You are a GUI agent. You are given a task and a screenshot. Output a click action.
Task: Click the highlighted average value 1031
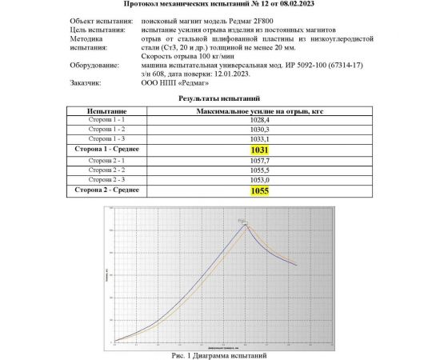(259, 150)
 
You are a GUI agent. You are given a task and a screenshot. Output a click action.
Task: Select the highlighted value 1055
(259, 191)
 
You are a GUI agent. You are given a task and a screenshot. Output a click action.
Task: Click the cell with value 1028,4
(259, 118)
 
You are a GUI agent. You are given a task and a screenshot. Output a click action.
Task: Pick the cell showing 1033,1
(259, 139)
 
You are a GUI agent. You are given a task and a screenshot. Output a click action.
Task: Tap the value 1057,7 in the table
(259, 160)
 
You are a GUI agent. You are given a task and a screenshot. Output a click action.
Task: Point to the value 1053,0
(259, 181)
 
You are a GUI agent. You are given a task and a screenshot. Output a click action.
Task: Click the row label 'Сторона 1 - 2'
(106, 129)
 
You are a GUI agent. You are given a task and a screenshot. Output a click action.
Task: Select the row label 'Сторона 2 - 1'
(106, 160)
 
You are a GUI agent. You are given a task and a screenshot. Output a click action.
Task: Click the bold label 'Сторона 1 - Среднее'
(106, 150)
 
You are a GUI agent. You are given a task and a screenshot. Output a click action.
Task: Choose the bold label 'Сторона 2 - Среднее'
(106, 191)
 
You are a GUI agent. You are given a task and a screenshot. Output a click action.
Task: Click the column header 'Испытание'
(106, 108)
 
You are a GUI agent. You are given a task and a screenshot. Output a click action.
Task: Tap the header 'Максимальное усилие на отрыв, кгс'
(259, 108)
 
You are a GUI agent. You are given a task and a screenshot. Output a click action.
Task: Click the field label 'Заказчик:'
(86, 81)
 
